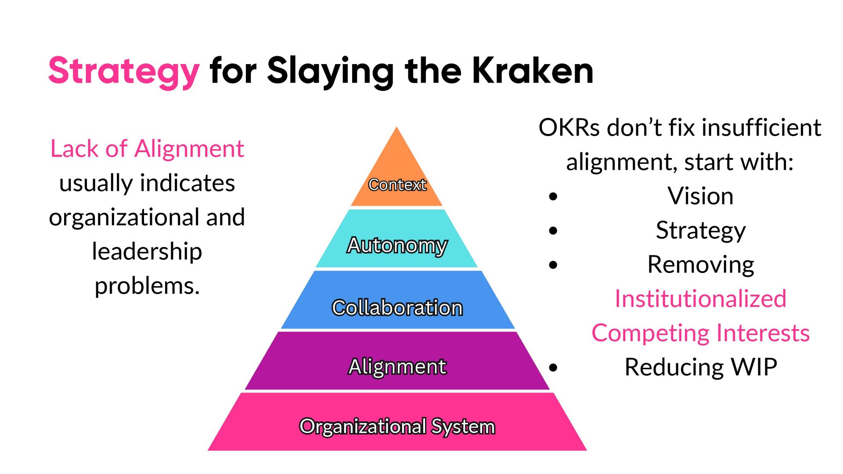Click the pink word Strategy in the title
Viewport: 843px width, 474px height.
[x=124, y=71]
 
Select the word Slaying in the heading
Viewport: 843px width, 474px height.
[x=330, y=71]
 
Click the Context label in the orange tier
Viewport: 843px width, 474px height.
[x=397, y=185]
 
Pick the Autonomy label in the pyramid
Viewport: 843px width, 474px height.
[x=397, y=245]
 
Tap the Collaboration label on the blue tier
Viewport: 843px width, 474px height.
[x=397, y=308]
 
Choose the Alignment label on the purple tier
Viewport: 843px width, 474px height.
[x=397, y=366]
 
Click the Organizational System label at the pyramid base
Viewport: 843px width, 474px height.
[x=397, y=426]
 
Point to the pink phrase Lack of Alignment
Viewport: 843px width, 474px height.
[x=147, y=148]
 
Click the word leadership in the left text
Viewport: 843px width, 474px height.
[x=147, y=251]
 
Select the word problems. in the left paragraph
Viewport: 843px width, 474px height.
[x=147, y=286]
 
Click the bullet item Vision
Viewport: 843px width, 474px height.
[x=700, y=196]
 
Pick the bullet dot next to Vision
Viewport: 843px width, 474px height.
[x=553, y=196]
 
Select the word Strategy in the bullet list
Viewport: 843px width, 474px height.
[x=700, y=230]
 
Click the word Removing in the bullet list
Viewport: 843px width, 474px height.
[x=700, y=265]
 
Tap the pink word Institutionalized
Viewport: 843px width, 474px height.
[x=700, y=299]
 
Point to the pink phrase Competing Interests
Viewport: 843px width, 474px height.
[x=700, y=333]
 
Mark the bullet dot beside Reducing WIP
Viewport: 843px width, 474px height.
[x=553, y=367]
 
